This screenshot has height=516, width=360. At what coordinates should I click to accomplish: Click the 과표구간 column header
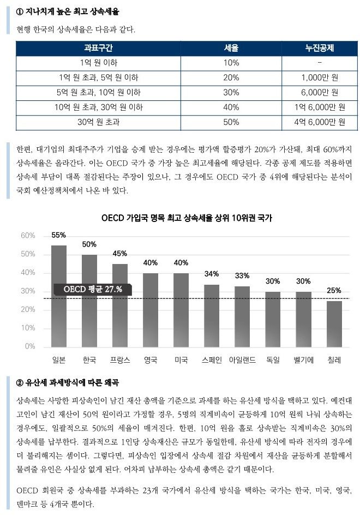coord(98,48)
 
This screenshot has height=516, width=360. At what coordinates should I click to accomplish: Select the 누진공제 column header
coord(319,48)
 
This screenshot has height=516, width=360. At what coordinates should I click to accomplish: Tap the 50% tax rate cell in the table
coord(231,122)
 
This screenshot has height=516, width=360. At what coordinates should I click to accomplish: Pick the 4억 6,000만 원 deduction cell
coord(320,122)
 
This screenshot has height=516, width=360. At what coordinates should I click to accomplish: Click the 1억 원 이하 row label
coord(98,63)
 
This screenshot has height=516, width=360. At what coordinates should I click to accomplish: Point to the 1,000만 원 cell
coord(320,77)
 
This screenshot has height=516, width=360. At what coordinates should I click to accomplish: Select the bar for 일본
coord(58,296)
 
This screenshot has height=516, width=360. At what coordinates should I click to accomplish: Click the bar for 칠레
coord(334,324)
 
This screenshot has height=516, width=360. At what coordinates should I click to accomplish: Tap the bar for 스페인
coord(212,316)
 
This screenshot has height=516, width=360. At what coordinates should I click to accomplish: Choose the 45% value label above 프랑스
coord(120,254)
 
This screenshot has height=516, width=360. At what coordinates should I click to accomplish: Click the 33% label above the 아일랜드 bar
coord(242,276)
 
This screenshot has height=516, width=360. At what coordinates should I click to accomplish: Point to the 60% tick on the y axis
coord(28,236)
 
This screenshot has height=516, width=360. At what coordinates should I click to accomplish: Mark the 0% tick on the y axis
coord(30,346)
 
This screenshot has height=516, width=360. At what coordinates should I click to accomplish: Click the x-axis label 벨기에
coord(303,360)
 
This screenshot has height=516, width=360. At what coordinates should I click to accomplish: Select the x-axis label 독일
coord(273,360)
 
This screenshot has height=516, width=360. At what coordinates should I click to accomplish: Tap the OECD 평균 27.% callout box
coord(93,289)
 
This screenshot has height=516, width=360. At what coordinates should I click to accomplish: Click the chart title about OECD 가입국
coord(187,218)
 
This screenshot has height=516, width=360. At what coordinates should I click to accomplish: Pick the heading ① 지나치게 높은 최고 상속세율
coord(68,12)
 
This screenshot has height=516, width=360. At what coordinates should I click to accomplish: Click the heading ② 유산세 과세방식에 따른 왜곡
coord(68,383)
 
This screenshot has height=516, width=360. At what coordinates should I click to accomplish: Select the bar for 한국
coord(89,301)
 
